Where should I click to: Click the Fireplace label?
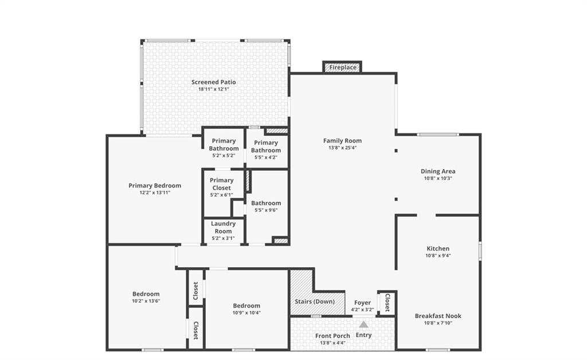tap(343, 68)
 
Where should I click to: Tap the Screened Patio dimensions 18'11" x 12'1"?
tap(213, 89)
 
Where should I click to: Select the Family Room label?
tap(343, 140)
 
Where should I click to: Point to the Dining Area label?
tap(438, 171)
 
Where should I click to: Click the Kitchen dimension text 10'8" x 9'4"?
tap(438, 256)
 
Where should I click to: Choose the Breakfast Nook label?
tap(438, 316)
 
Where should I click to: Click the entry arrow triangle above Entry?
tap(363, 324)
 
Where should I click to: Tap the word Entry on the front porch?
tap(363, 335)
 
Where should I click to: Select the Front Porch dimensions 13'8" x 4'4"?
tap(332, 343)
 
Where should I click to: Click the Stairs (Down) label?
tap(315, 302)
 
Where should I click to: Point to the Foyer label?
tap(362, 302)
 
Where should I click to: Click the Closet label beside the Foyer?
tap(388, 303)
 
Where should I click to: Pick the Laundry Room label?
tap(223, 227)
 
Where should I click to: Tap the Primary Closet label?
tap(222, 184)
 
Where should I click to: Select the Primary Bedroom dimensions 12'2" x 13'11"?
tap(155, 193)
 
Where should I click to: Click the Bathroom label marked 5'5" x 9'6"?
tap(266, 203)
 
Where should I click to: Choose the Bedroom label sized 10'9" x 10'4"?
tap(246, 306)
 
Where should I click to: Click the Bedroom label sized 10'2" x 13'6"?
tap(146, 294)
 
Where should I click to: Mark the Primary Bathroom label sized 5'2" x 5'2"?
tap(224, 144)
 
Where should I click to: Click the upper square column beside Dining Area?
tap(396, 151)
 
